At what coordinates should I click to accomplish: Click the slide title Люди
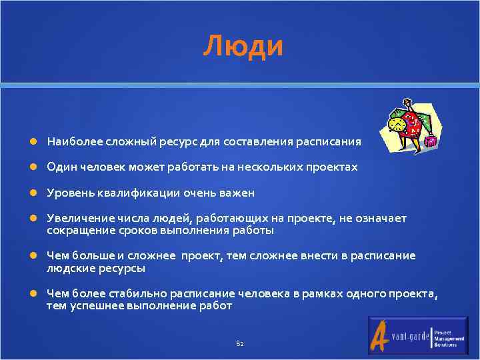(243, 46)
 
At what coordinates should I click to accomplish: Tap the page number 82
(240, 343)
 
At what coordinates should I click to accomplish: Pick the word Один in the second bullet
(59, 167)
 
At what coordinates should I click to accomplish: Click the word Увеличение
(73, 219)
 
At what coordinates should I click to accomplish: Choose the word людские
(66, 268)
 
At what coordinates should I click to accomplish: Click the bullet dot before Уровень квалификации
(33, 193)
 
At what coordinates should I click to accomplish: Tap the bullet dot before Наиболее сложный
(33, 142)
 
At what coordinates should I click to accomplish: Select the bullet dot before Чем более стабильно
(33, 294)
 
